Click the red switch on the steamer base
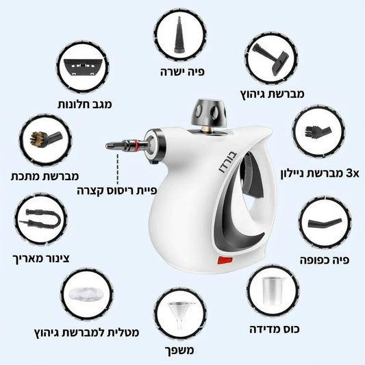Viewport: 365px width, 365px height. [225, 260]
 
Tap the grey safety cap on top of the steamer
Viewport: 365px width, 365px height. [209, 113]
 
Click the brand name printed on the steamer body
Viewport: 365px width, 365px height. [227, 163]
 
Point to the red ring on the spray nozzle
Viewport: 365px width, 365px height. [136, 144]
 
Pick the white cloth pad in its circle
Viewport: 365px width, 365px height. [86, 294]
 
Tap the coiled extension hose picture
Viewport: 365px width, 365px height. [40, 219]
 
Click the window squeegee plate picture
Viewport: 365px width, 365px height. [83, 67]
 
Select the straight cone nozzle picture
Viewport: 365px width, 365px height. [179, 34]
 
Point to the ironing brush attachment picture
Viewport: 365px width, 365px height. [270, 60]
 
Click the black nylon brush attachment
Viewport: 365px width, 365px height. [318, 131]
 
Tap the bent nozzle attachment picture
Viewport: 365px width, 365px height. [325, 223]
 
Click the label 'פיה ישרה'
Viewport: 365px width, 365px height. [182, 72]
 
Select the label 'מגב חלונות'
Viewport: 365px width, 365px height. [85, 104]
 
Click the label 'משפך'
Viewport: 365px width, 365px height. [179, 351]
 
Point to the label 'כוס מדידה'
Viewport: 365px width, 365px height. [275, 329]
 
